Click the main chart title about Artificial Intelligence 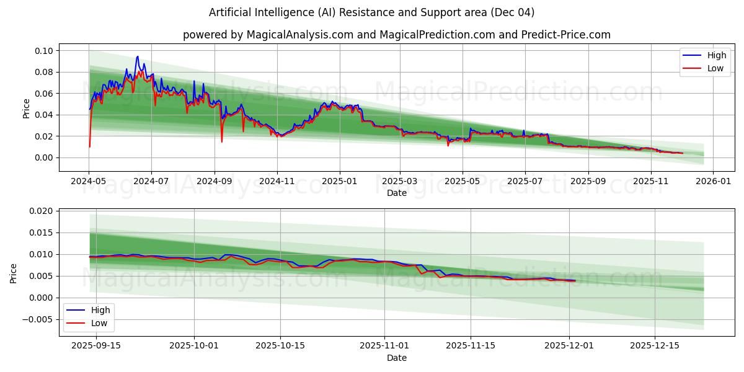click(x=371, y=12)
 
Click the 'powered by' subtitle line click(x=396, y=35)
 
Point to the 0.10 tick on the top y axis click(x=45, y=50)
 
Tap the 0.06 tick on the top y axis click(x=45, y=94)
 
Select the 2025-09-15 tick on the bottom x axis click(x=96, y=345)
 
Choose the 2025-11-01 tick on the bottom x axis click(x=384, y=345)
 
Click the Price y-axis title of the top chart click(x=26, y=108)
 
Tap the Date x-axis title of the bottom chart click(x=396, y=358)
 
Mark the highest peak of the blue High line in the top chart click(x=138, y=56)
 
